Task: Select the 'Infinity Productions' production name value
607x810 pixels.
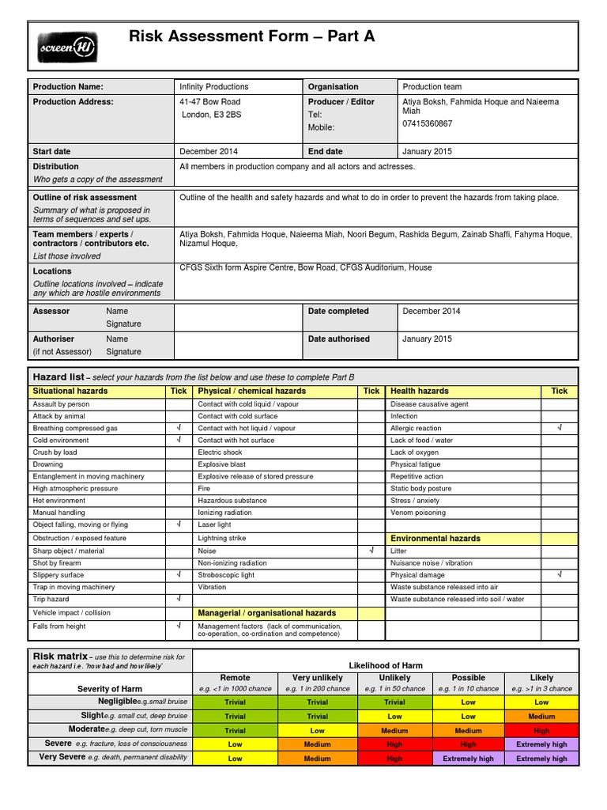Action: pyautogui.click(x=213, y=87)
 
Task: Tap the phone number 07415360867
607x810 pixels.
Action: pyautogui.click(x=428, y=124)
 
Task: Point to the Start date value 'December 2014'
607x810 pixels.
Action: pyautogui.click(x=209, y=152)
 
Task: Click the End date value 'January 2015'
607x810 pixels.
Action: pyautogui.click(x=427, y=152)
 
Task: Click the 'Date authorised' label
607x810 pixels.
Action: pyautogui.click(x=338, y=339)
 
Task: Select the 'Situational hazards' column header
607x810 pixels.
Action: pyautogui.click(x=70, y=391)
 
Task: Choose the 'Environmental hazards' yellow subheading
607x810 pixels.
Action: pyautogui.click(x=435, y=539)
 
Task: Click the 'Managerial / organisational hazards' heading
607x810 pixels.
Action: pyautogui.click(x=266, y=613)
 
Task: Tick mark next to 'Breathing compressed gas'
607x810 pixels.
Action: pyautogui.click(x=179, y=428)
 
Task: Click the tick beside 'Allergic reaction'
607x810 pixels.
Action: pyautogui.click(x=559, y=428)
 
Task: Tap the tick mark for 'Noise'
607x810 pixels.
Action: pyautogui.click(x=371, y=551)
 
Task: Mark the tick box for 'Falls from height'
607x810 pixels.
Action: pyautogui.click(x=179, y=626)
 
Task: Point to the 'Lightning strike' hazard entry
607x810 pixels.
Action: pyautogui.click(x=222, y=539)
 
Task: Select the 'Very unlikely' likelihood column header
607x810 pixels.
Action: pyautogui.click(x=317, y=678)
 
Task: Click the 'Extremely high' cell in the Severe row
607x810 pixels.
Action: pyautogui.click(x=541, y=744)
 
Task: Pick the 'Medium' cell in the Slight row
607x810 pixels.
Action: pyautogui.click(x=541, y=717)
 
